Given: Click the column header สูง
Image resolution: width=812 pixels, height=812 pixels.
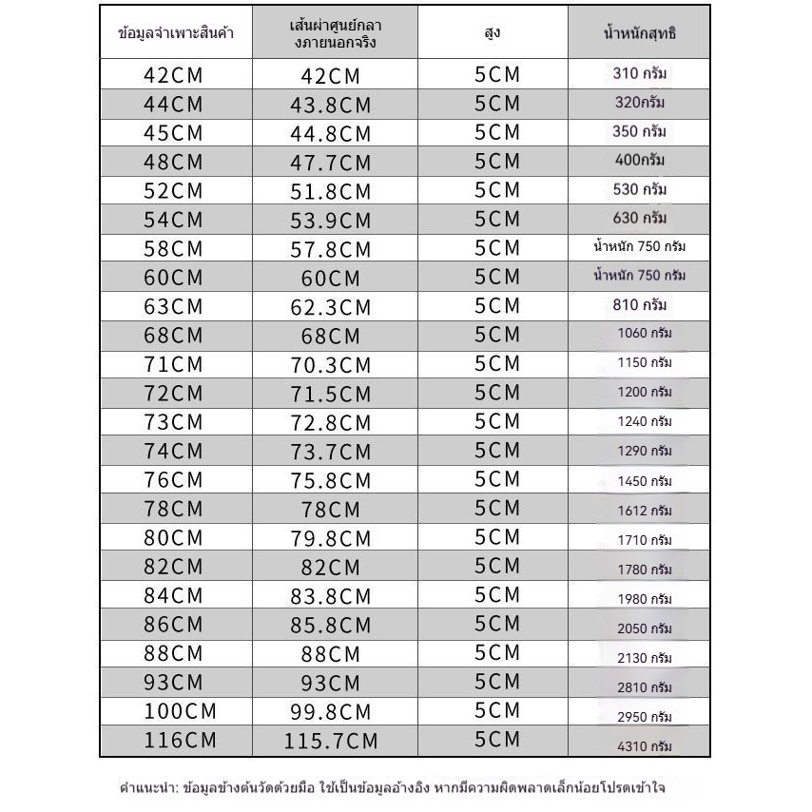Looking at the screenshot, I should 492,33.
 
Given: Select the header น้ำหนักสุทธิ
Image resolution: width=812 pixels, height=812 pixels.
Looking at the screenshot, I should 639,33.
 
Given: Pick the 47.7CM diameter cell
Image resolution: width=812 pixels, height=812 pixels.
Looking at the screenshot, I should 330,163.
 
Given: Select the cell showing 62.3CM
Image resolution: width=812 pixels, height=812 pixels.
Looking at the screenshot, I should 330,308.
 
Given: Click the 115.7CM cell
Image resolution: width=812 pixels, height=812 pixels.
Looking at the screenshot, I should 330,742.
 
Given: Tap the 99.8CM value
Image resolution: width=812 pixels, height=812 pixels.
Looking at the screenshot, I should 330,712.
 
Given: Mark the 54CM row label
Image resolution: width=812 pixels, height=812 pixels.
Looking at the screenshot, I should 173,221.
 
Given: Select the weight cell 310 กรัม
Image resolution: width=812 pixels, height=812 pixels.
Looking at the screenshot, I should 639,72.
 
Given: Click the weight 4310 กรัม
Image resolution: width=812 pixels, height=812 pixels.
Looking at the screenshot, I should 645,746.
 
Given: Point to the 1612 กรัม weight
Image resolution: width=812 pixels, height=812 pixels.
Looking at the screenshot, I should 645,511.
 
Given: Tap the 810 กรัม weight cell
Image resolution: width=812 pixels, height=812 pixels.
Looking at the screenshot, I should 639,305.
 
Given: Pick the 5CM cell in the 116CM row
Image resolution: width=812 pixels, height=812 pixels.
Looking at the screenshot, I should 497,740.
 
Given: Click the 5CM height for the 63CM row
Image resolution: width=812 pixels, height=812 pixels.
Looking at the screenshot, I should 497,306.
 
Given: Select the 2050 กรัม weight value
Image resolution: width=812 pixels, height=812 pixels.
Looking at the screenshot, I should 645,628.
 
